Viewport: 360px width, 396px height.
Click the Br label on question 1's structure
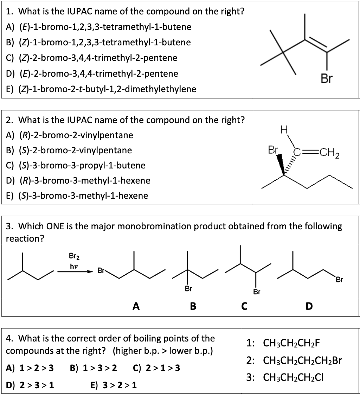(326, 79)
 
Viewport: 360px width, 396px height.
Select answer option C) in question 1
(92, 58)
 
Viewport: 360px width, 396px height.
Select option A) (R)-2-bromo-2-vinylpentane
(70, 135)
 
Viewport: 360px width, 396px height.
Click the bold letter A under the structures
(136, 306)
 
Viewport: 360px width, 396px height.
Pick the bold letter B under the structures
(193, 306)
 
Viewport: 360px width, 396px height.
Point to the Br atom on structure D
(339, 280)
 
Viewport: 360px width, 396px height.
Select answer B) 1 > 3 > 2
(94, 368)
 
